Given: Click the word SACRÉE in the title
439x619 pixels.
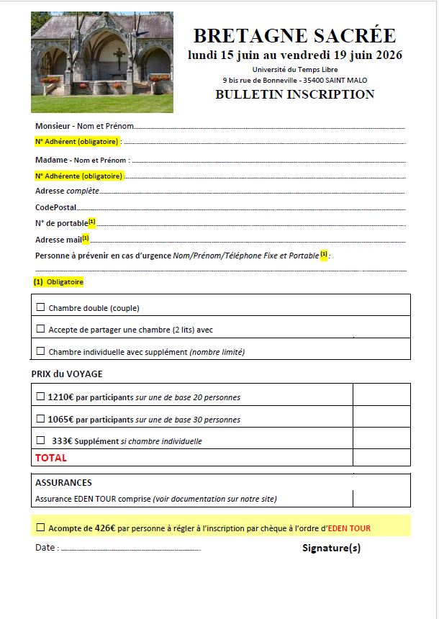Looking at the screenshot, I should coord(355,35).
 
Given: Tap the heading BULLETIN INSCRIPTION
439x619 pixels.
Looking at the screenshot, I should coord(294,94).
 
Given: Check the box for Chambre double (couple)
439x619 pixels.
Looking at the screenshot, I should coord(40,307).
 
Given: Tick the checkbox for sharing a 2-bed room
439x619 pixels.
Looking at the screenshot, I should coord(40,329).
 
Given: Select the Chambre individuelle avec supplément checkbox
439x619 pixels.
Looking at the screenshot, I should coord(40,351).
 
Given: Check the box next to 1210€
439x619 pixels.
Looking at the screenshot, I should coord(40,396).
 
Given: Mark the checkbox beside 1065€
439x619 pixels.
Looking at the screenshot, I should coord(40,418).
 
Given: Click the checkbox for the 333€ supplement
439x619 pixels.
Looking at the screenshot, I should coord(40,440).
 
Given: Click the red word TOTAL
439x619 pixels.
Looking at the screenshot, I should coord(51,458).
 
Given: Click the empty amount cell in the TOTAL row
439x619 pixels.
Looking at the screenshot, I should coord(381,458).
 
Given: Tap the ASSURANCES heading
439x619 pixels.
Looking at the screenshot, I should coord(63,483).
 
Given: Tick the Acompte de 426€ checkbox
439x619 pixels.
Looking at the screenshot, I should coord(40,528).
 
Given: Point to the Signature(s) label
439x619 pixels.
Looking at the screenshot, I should coord(331,548).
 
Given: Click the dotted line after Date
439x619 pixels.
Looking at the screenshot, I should coord(130,549).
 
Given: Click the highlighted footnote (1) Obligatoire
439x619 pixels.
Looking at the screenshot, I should coord(58,282).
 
